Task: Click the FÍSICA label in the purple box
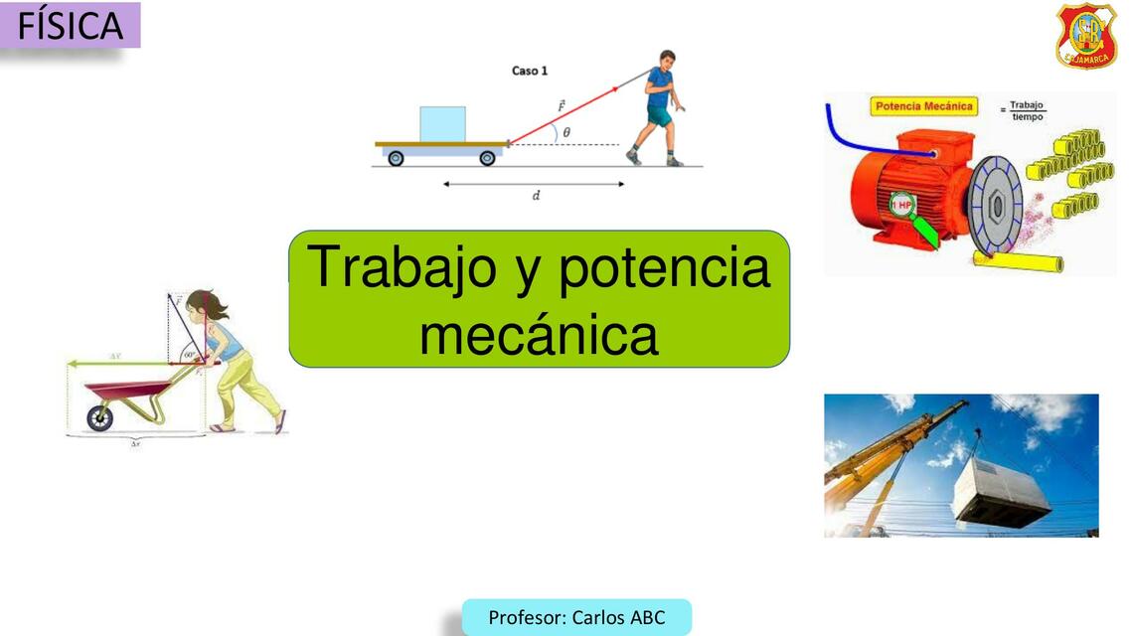tap(70, 25)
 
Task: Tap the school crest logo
tap(1085, 35)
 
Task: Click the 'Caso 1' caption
tap(529, 71)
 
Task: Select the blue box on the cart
tap(442, 123)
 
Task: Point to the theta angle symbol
tap(566, 132)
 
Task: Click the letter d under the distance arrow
tap(536, 196)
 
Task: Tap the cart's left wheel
tap(396, 158)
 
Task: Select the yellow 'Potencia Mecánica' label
tap(923, 106)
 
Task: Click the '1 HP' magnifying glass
tap(902, 207)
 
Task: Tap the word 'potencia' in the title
tap(664, 267)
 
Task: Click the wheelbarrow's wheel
tap(99, 417)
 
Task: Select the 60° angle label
tap(189, 354)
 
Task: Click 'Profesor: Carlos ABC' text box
tap(576, 617)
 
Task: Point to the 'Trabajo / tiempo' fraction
tap(1027, 109)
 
